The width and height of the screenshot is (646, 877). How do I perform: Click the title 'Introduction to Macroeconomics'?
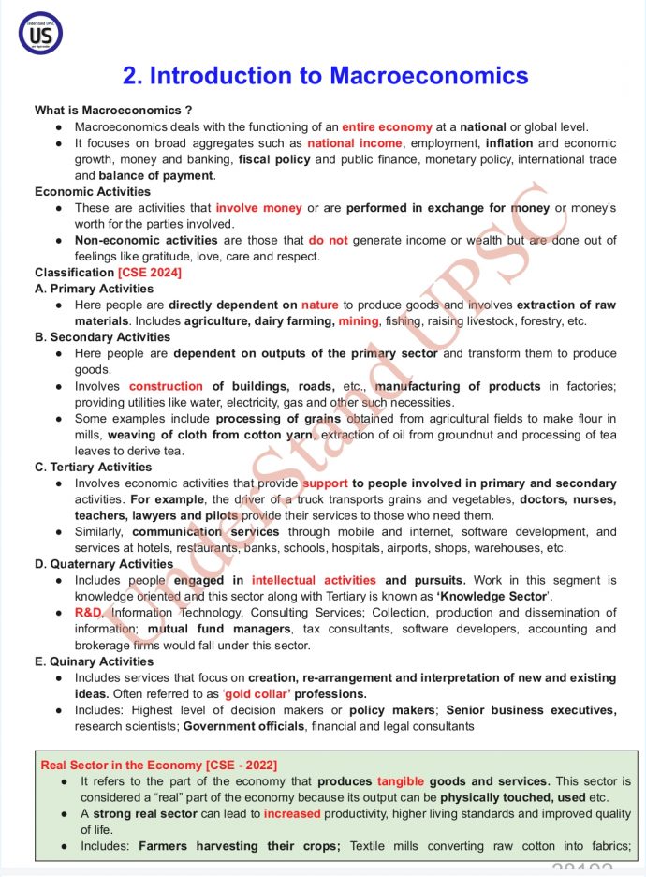point(325,76)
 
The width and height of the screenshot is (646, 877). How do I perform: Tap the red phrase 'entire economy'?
point(387,126)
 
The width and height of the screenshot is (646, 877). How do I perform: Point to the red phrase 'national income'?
point(356,143)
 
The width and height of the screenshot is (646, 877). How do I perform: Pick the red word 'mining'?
point(359,321)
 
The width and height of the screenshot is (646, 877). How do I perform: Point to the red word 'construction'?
point(166,386)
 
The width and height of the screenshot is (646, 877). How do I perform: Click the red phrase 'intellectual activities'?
point(314,581)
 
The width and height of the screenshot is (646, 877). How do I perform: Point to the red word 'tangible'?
point(405,781)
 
